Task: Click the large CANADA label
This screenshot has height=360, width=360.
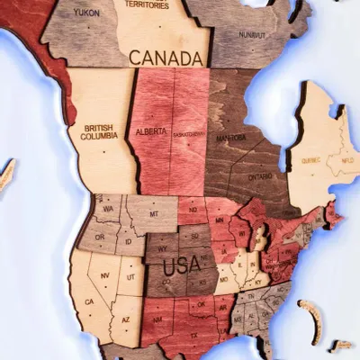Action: tap(166, 58)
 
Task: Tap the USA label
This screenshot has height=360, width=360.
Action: tap(180, 266)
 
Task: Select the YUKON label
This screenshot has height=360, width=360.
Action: tap(86, 13)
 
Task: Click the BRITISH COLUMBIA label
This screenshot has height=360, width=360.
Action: tap(98, 132)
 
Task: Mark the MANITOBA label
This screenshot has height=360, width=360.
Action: tap(231, 138)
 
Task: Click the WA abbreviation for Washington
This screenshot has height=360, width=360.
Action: tap(108, 209)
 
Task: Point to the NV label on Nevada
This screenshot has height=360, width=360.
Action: tap(105, 275)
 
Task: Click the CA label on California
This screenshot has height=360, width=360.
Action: tap(87, 301)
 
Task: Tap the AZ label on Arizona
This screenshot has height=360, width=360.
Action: tap(126, 318)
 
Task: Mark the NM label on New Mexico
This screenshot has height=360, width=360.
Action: tap(158, 319)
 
